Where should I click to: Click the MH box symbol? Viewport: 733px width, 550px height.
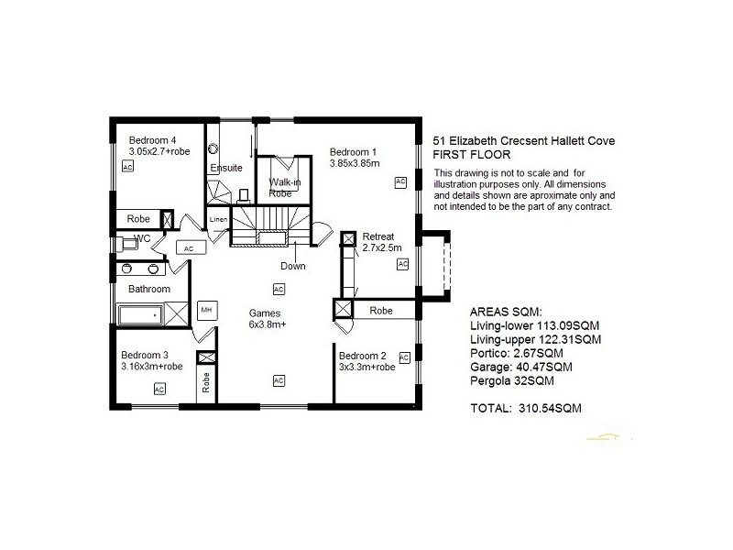tap(207, 310)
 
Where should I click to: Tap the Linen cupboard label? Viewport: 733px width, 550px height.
tap(217, 220)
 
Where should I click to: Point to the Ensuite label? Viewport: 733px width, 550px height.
tap(225, 168)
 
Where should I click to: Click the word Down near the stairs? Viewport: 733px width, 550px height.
tap(293, 267)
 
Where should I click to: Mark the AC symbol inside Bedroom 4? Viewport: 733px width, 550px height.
tap(127, 167)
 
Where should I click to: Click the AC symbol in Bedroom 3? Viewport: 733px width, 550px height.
tap(159, 390)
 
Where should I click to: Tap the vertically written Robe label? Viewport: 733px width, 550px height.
tap(206, 382)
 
